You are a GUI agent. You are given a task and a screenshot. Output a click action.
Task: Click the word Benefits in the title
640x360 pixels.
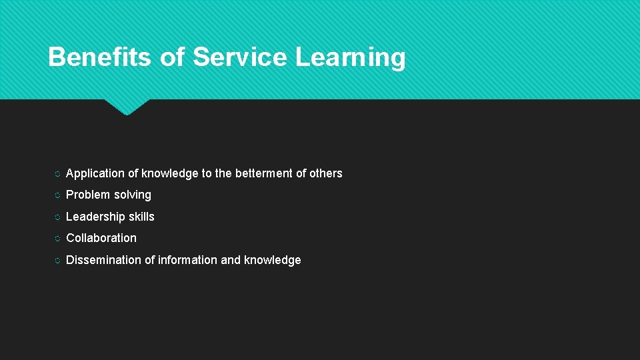100,57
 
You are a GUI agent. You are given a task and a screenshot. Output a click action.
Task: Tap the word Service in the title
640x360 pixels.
240,57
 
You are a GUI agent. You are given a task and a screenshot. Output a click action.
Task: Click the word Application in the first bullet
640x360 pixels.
95,173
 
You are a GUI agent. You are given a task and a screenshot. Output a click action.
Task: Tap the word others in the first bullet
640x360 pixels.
326,173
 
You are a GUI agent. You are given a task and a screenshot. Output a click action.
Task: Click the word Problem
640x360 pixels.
88,195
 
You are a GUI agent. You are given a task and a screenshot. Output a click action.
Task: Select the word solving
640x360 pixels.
133,195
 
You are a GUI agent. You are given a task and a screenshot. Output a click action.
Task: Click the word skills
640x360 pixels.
141,217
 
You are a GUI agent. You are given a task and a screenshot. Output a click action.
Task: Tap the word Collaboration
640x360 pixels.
101,238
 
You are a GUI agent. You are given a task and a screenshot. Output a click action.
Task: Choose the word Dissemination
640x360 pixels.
103,260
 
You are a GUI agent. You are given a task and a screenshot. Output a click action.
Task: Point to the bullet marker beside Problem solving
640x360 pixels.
57,195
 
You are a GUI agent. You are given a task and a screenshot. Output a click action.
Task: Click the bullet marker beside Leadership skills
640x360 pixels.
57,217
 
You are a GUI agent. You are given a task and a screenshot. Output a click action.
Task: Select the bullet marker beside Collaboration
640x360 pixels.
57,239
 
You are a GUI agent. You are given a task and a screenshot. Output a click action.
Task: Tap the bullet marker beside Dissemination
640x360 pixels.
57,261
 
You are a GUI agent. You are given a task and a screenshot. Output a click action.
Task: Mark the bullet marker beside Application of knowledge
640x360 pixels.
57,174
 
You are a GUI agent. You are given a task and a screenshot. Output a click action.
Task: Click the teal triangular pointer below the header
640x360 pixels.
127,107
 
